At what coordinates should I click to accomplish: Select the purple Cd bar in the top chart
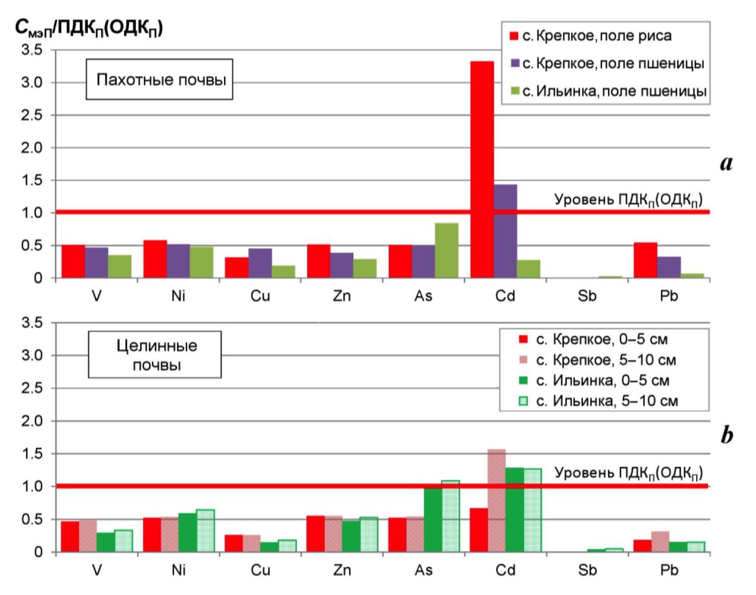(x=505, y=231)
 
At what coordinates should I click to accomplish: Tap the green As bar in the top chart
(x=447, y=250)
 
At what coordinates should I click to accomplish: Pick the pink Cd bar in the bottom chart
(x=497, y=500)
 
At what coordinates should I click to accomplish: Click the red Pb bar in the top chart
(x=645, y=260)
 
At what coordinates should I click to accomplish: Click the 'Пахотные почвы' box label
(x=161, y=79)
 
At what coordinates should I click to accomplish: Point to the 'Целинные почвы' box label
(x=156, y=355)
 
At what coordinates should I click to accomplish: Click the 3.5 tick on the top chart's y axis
(x=31, y=50)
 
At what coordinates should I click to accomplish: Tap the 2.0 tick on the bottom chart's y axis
(x=31, y=421)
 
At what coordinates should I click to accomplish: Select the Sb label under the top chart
(x=587, y=296)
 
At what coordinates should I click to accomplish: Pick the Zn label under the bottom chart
(x=342, y=570)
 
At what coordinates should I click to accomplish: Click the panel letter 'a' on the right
(x=726, y=163)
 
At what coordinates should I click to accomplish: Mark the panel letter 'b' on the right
(x=727, y=435)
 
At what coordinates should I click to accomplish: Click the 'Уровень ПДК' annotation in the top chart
(x=628, y=199)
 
